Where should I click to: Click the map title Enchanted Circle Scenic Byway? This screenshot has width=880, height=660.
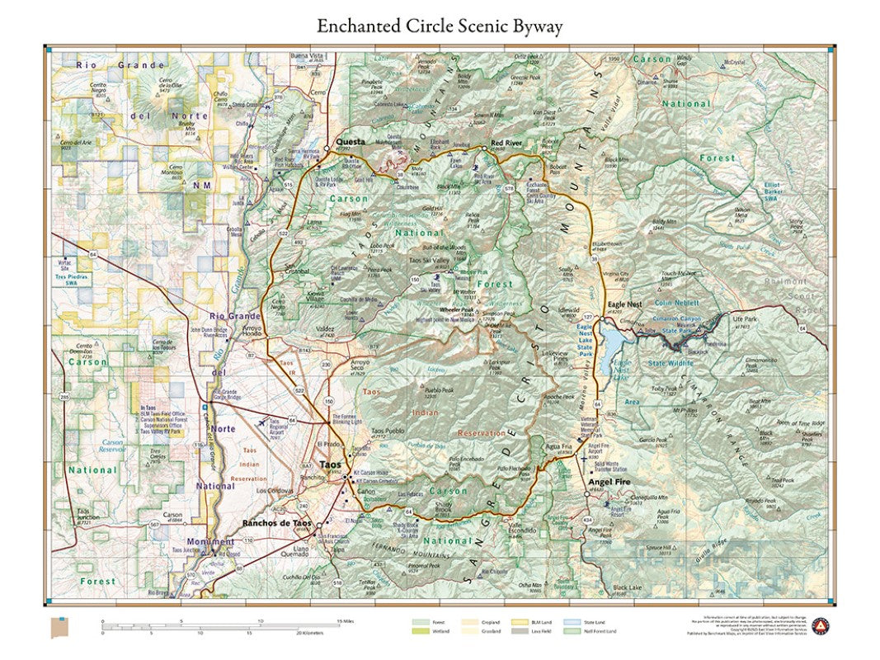click(440, 26)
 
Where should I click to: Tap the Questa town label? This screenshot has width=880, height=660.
click(349, 141)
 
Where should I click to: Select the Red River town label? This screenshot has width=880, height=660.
click(507, 144)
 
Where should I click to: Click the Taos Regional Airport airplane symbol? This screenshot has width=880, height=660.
click(263, 422)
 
